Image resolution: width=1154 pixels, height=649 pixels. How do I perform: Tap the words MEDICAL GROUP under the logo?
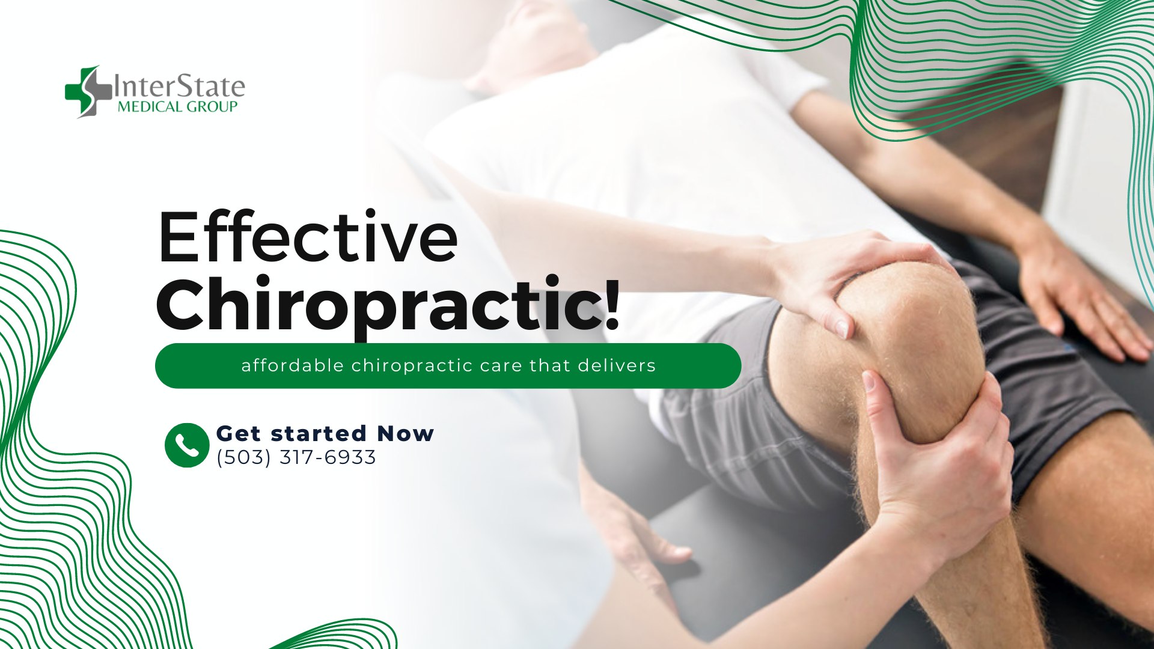tap(178, 107)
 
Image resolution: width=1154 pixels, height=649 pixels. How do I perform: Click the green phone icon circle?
tap(187, 445)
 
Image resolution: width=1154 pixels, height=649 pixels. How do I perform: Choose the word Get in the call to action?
tap(239, 433)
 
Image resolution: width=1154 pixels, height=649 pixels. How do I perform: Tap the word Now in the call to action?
tap(406, 433)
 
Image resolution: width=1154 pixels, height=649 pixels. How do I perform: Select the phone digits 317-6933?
tap(328, 457)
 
